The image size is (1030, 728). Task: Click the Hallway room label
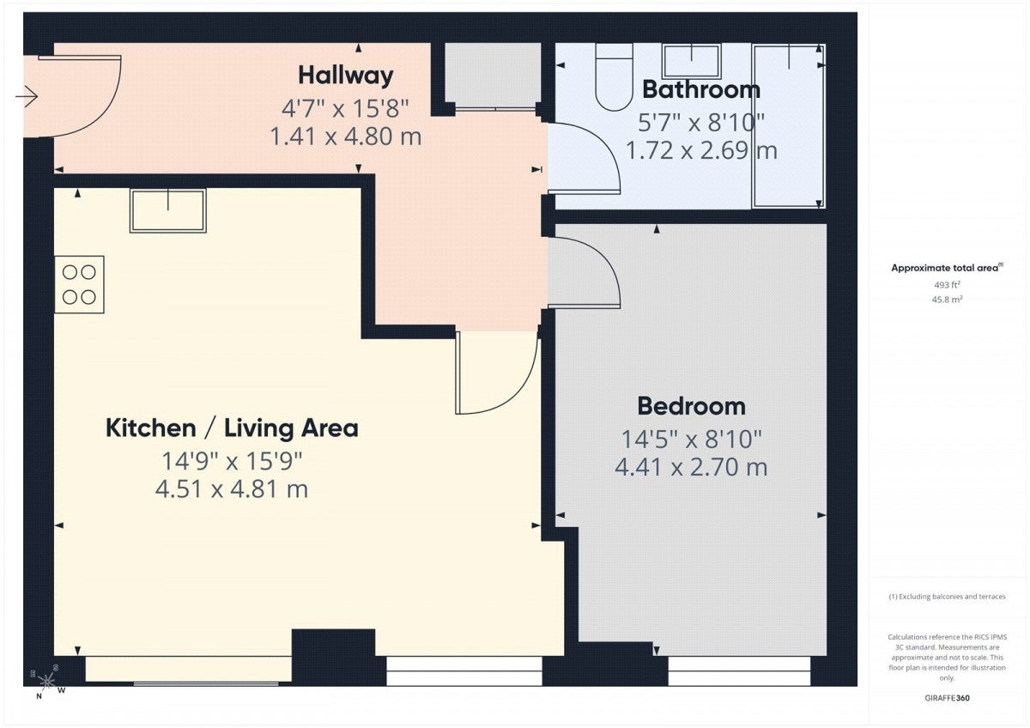tap(346, 76)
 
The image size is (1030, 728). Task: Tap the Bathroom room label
tap(700, 89)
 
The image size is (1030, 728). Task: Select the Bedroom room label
tap(691, 407)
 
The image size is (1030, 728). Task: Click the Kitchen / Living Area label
tap(232, 428)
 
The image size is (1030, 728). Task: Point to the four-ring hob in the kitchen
tap(79, 285)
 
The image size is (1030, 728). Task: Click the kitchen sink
tap(168, 210)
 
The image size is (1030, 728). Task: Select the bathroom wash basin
tap(692, 61)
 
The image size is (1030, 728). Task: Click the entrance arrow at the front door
tap(27, 96)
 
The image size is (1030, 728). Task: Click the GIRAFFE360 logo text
tap(947, 698)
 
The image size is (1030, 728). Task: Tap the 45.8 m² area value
tap(947, 300)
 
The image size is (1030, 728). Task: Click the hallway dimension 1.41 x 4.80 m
tap(345, 136)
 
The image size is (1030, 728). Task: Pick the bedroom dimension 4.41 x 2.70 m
tap(691, 467)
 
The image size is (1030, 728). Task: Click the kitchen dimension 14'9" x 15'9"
tap(232, 461)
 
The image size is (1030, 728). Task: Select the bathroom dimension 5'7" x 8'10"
tap(700, 122)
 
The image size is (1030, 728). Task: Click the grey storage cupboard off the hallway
tap(493, 76)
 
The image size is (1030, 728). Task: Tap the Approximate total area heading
tap(947, 268)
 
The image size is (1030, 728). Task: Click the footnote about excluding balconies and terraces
tap(947, 597)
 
